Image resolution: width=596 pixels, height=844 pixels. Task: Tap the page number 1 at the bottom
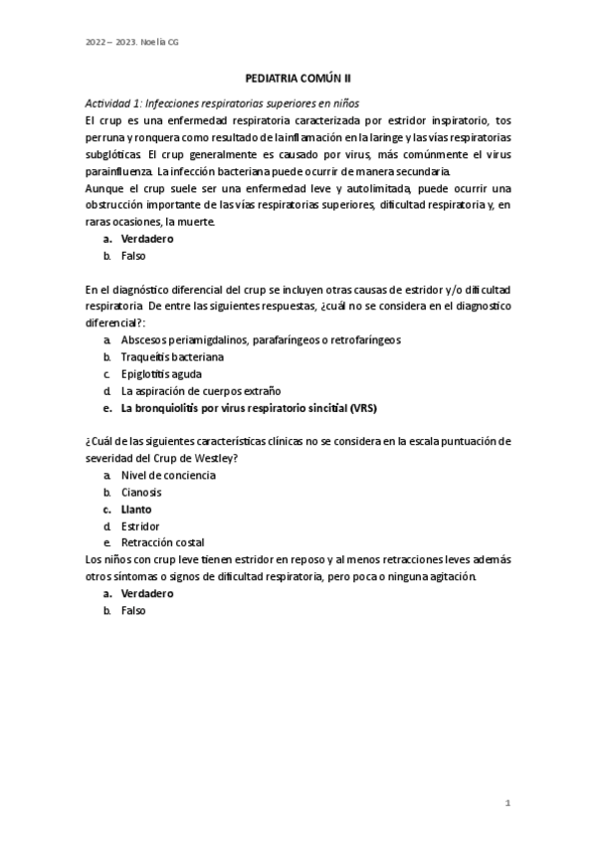[x=507, y=802]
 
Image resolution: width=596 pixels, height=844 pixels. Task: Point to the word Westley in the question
[x=216, y=458]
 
